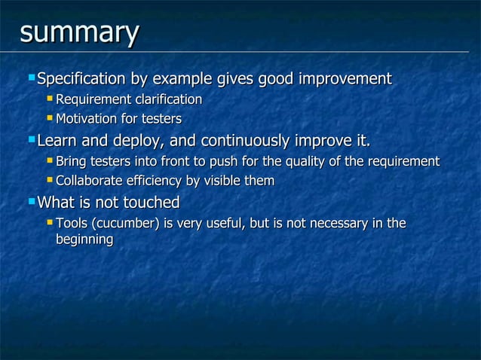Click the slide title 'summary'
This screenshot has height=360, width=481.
(x=79, y=34)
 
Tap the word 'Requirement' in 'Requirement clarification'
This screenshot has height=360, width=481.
(x=93, y=100)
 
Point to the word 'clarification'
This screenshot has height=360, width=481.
(x=168, y=100)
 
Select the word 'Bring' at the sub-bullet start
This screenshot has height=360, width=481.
(x=71, y=161)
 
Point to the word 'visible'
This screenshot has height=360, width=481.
(x=224, y=181)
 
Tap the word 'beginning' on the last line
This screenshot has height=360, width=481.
(x=84, y=239)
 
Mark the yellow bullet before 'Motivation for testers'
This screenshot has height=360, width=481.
(x=50, y=118)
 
